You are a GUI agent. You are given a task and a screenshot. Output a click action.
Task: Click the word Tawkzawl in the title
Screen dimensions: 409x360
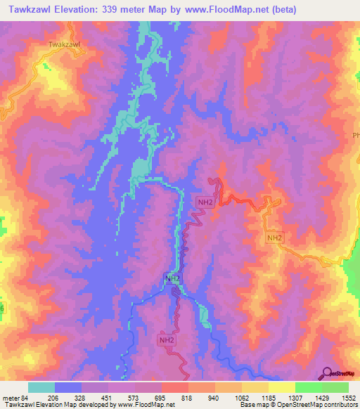point(32,9)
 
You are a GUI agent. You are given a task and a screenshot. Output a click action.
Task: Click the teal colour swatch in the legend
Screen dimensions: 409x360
point(41,387)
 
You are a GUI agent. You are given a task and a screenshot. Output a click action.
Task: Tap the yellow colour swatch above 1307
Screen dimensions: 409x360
point(282,387)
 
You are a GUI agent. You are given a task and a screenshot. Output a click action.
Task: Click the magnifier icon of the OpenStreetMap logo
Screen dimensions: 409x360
point(328,373)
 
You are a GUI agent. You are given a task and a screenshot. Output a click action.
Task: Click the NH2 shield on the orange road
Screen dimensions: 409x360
point(274,238)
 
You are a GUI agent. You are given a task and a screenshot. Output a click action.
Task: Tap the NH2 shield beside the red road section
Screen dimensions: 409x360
point(205,202)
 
